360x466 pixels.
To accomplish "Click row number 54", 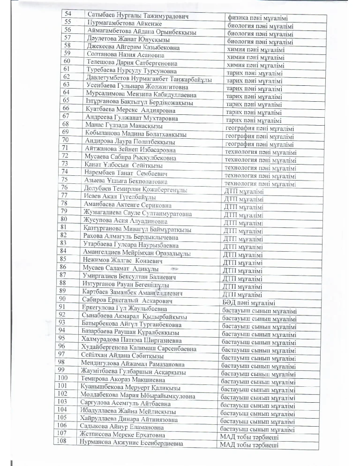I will point(68,16).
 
